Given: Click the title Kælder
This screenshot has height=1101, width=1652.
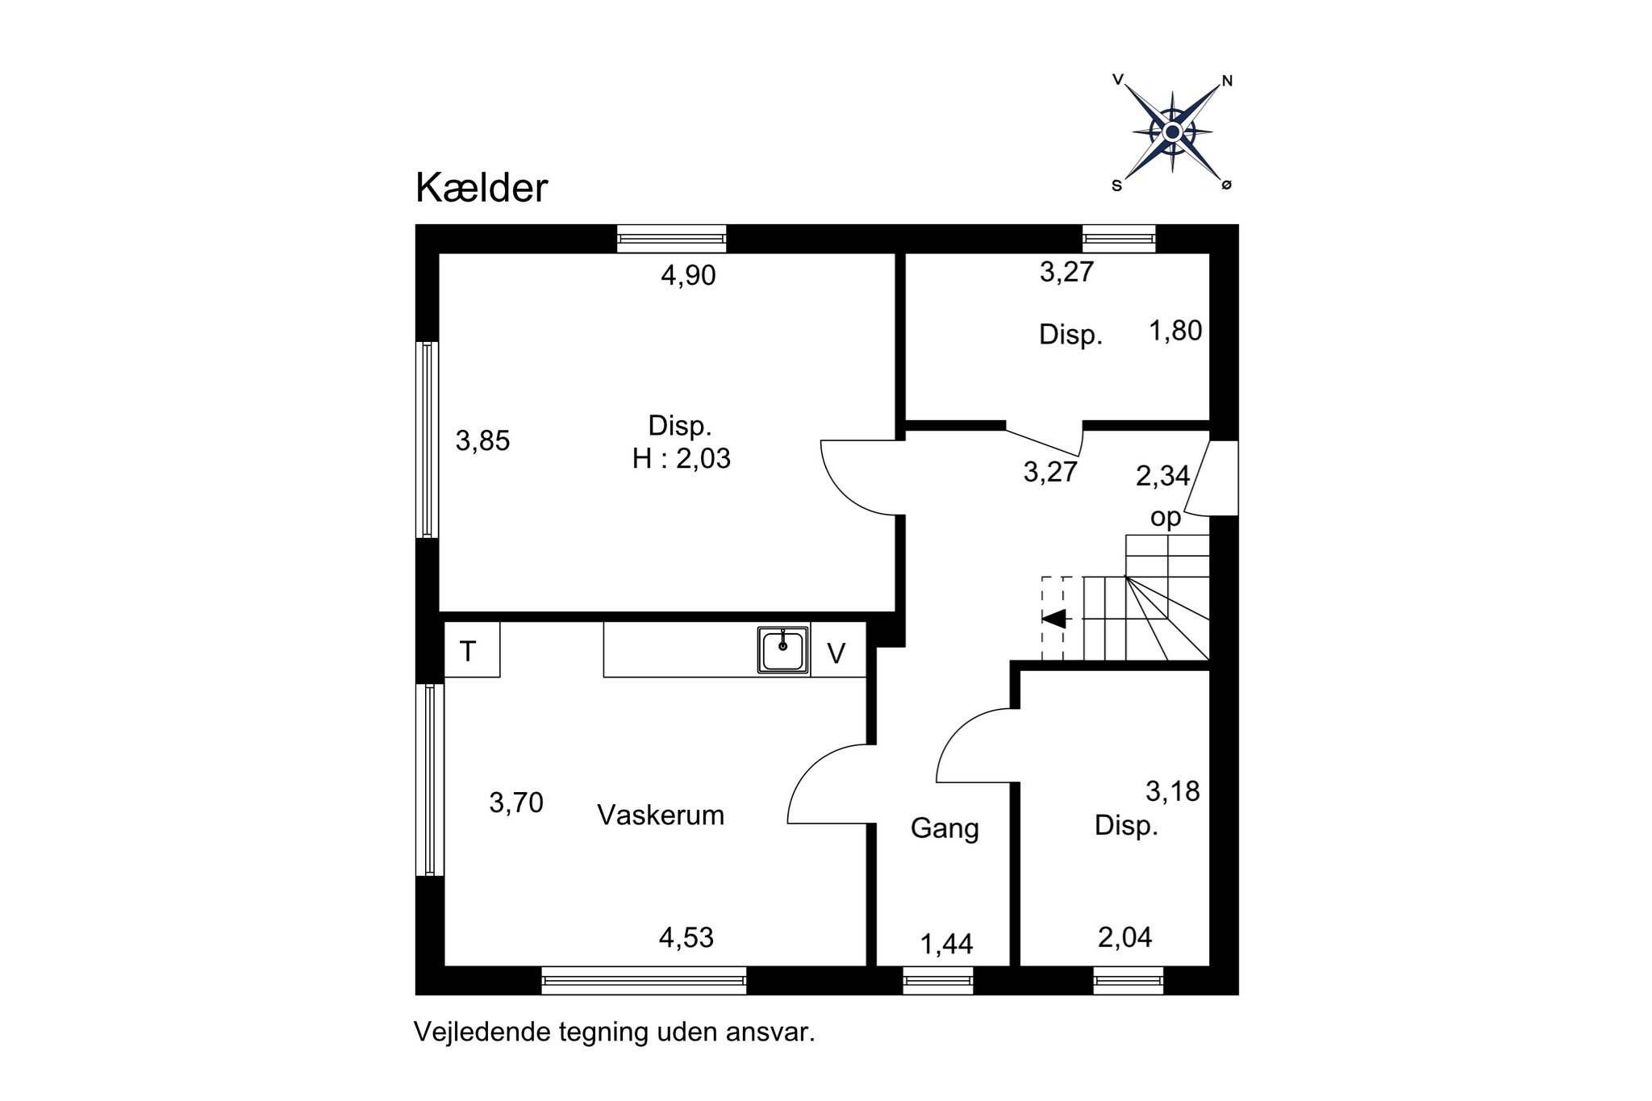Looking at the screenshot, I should pyautogui.click(x=482, y=188).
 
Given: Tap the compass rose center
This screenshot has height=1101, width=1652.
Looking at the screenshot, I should pyautogui.click(x=1173, y=132).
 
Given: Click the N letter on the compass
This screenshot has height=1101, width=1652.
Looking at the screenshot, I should pyautogui.click(x=1227, y=81).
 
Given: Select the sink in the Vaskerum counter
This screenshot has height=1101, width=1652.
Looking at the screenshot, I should pyautogui.click(x=782, y=649).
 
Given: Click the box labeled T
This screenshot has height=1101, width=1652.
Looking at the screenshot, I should pyautogui.click(x=468, y=650).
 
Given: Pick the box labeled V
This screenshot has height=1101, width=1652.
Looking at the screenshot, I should pyautogui.click(x=836, y=653).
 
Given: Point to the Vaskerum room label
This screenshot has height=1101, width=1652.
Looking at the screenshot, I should pyautogui.click(x=661, y=815).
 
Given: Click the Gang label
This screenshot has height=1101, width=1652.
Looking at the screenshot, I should pyautogui.click(x=945, y=828).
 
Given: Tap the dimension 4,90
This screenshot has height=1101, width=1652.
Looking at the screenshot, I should pyautogui.click(x=688, y=276).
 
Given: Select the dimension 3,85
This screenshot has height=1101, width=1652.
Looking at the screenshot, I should pyautogui.click(x=482, y=440).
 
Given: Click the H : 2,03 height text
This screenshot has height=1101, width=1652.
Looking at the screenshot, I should pyautogui.click(x=681, y=458).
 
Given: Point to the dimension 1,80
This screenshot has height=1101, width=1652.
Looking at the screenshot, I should pyautogui.click(x=1175, y=331).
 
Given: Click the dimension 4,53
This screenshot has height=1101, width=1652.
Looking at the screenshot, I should pyautogui.click(x=686, y=937).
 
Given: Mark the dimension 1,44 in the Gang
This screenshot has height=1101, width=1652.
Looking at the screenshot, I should pyautogui.click(x=946, y=944).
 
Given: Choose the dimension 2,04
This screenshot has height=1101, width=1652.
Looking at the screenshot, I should pyautogui.click(x=1124, y=937).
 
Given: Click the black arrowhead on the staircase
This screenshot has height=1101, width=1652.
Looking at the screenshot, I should pyautogui.click(x=1056, y=619).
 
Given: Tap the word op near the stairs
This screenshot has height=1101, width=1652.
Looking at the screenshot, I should pyautogui.click(x=1166, y=517).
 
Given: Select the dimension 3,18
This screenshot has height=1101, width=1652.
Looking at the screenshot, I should pyautogui.click(x=1173, y=791).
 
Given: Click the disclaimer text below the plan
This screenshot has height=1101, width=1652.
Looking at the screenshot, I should pyautogui.click(x=614, y=1032).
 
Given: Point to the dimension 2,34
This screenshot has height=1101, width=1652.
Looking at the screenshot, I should pyautogui.click(x=1162, y=476).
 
